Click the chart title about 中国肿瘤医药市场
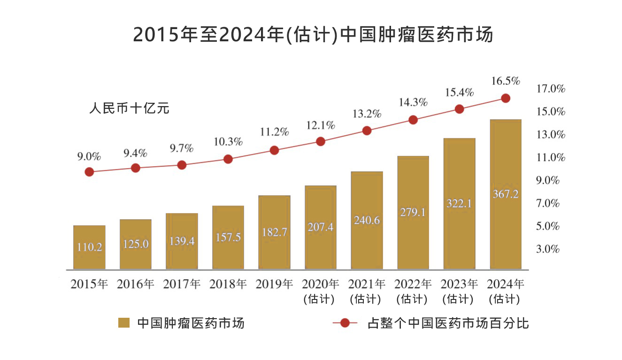click(x=313, y=35)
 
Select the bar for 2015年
click(x=89, y=247)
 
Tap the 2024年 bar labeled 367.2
click(x=506, y=194)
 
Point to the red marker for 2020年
click(x=321, y=141)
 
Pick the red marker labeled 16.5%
click(x=506, y=98)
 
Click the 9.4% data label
click(x=136, y=153)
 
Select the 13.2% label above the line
click(x=367, y=114)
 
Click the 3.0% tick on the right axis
click(x=548, y=249)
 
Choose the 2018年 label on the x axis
click(x=228, y=284)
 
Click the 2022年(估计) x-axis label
click(x=413, y=291)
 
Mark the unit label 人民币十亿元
click(x=129, y=108)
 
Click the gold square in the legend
click(x=124, y=323)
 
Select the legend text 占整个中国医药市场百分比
click(x=448, y=323)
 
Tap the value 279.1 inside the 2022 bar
click(x=413, y=212)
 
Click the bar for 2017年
click(x=182, y=241)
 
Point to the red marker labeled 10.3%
click(x=228, y=159)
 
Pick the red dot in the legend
click(x=345, y=323)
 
